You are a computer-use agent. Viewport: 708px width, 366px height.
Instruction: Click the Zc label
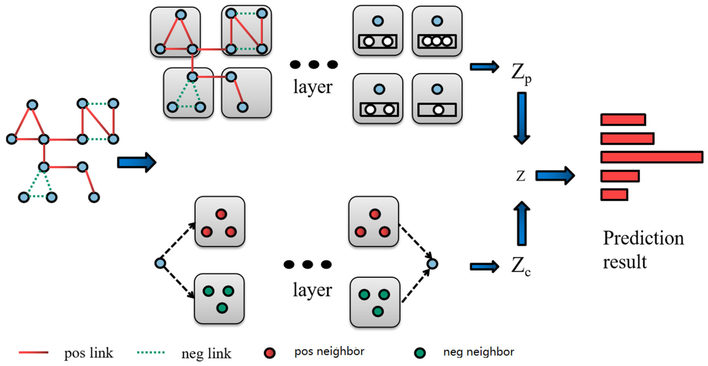click(x=521, y=266)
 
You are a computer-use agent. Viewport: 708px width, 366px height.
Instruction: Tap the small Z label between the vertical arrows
click(x=521, y=176)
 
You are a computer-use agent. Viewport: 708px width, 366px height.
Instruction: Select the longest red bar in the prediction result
click(x=652, y=157)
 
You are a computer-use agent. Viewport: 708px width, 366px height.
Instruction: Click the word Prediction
click(x=643, y=238)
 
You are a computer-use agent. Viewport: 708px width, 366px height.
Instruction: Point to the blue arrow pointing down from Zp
click(x=522, y=118)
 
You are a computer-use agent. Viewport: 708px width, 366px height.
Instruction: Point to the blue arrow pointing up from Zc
click(x=522, y=223)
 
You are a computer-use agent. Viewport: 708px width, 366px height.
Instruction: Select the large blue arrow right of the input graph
click(x=137, y=162)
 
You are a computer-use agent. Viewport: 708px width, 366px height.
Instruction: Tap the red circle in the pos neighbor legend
click(x=270, y=353)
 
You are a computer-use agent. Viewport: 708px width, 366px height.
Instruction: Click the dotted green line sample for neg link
click(x=151, y=352)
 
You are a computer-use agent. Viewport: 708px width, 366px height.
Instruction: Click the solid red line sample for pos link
click(x=34, y=352)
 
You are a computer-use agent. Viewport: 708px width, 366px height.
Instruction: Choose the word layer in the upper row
click(x=313, y=87)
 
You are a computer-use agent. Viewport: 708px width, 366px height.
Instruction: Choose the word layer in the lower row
click(x=312, y=290)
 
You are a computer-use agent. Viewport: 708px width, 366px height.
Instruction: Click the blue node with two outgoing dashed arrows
click(x=160, y=263)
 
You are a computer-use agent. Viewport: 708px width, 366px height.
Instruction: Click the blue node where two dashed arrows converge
click(x=432, y=264)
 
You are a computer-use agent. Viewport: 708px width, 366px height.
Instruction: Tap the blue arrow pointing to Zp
click(x=484, y=67)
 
